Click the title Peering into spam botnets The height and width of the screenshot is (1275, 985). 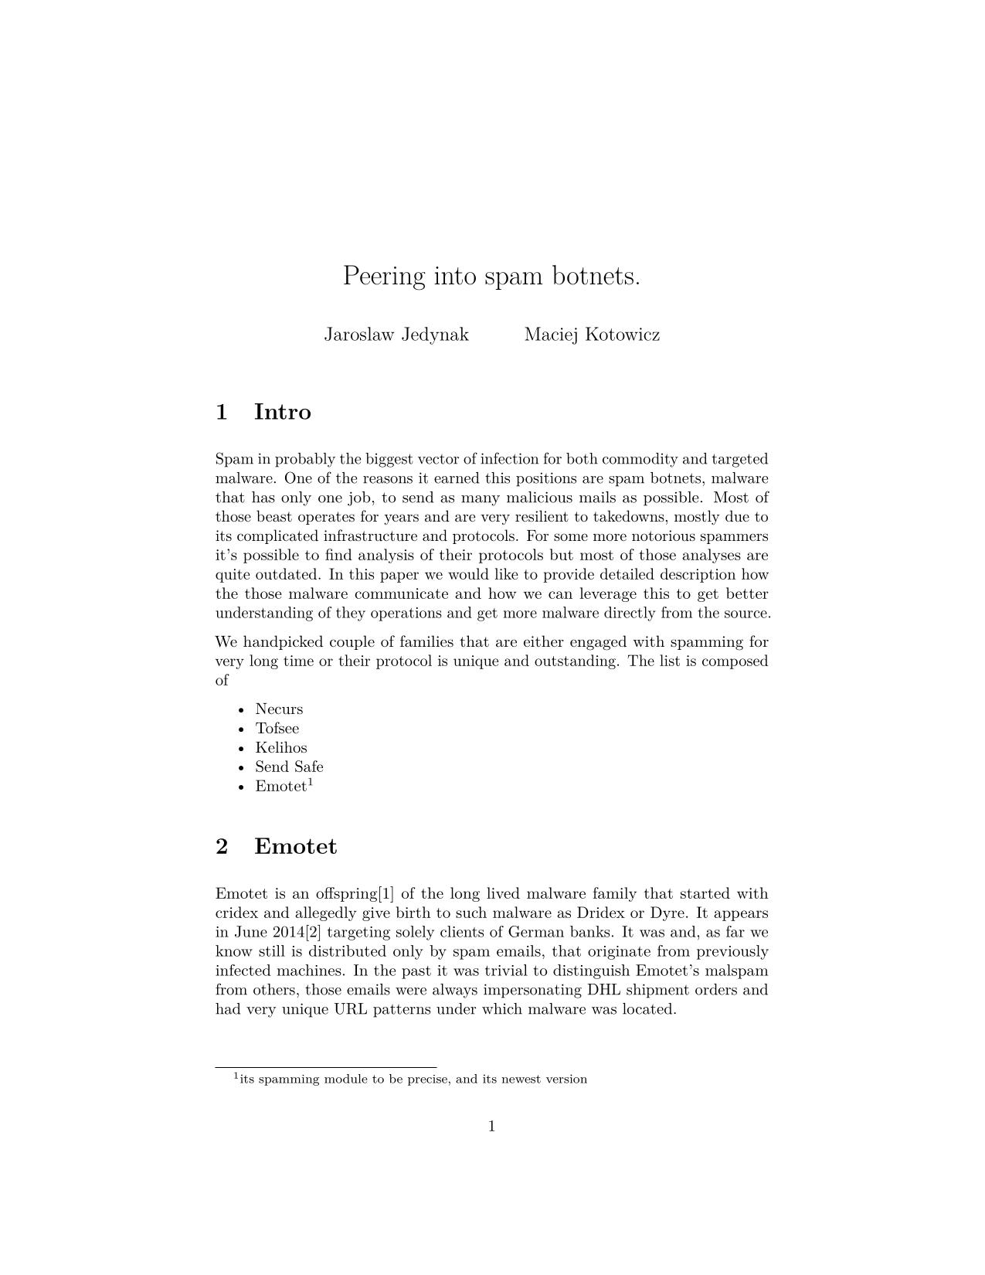coord(491,276)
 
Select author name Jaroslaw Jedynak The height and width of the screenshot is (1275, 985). coord(396,335)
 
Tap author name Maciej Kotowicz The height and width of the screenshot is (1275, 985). coord(592,335)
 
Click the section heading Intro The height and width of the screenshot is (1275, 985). coord(282,412)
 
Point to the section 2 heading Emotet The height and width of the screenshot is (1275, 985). coord(295,847)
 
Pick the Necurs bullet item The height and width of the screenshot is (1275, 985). coord(279,709)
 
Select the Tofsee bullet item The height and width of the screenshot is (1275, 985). coord(277,729)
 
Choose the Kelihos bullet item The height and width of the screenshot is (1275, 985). coord(281,748)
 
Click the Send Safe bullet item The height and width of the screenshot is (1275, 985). coord(289,767)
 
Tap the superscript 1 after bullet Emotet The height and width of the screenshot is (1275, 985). coord(310,782)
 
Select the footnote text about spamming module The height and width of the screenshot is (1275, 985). coord(413,1079)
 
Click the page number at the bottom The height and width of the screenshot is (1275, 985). coord(491,1127)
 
